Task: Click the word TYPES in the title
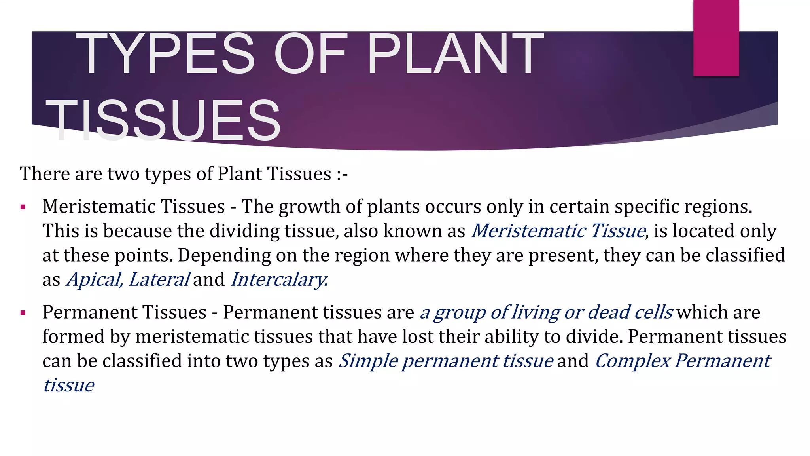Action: click(165, 54)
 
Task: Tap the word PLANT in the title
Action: click(456, 54)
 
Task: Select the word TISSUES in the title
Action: click(163, 120)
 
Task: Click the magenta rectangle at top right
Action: click(716, 38)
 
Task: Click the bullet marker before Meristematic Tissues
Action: click(23, 207)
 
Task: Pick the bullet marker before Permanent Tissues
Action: click(23, 313)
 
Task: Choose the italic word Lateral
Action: click(159, 279)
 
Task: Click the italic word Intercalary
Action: click(279, 279)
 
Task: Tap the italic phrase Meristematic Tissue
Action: click(558, 231)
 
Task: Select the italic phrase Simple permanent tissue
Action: click(446, 361)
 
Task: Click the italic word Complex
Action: click(632, 361)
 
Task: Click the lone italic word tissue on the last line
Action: click(68, 386)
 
